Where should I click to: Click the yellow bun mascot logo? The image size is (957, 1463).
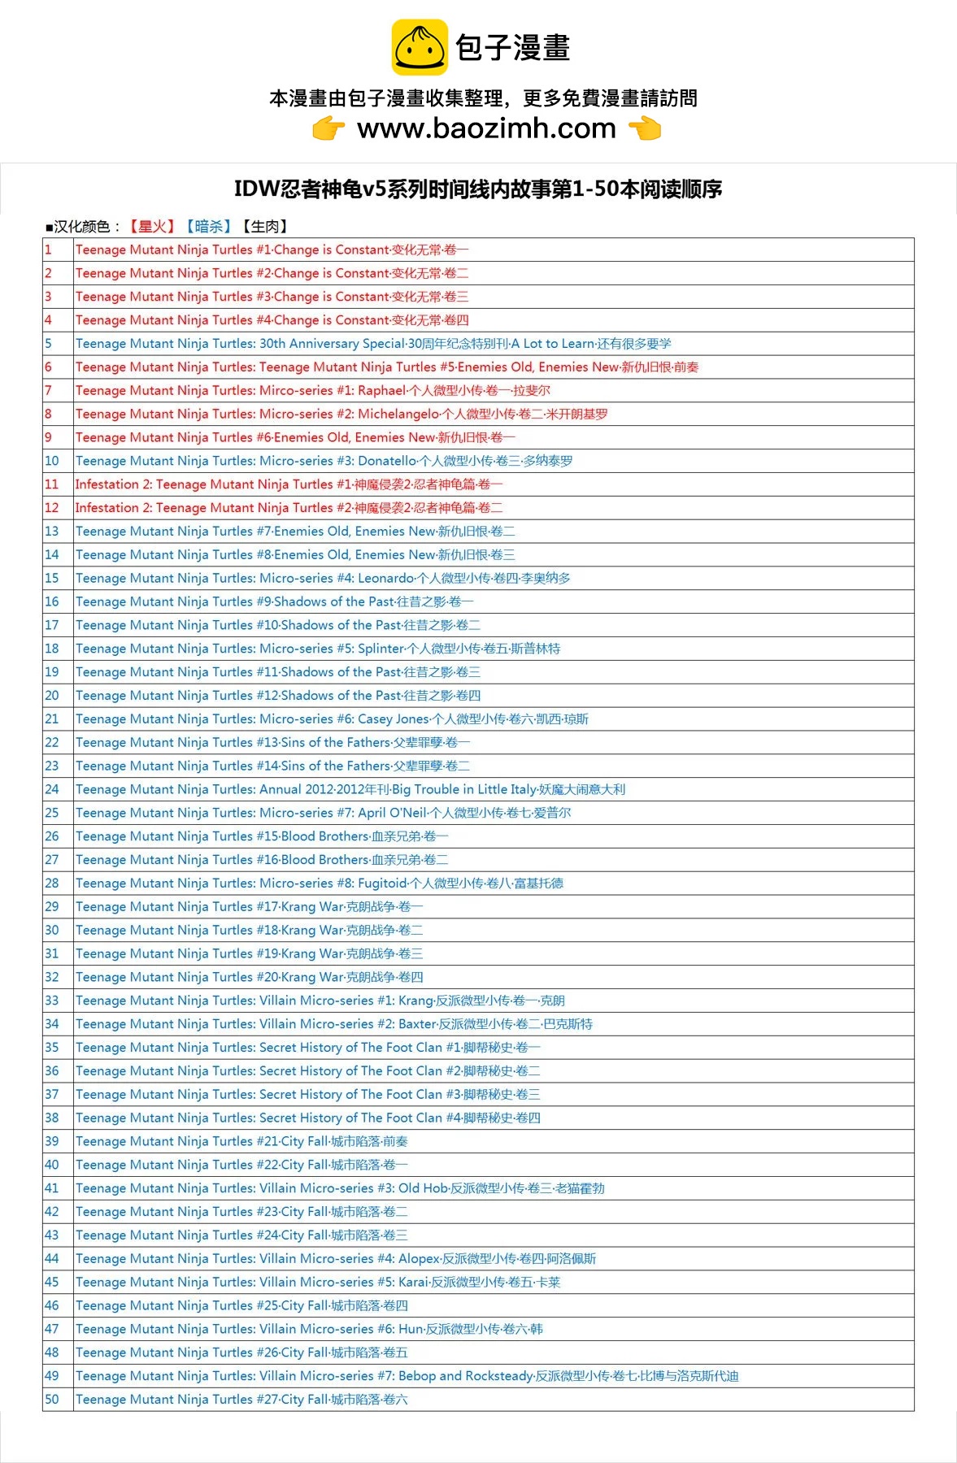tap(420, 47)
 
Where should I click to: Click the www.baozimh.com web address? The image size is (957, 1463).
tap(486, 128)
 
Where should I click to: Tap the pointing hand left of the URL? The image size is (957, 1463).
tap(328, 128)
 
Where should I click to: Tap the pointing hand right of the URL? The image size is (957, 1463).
tap(645, 128)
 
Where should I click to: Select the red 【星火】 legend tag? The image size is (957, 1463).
tap(152, 227)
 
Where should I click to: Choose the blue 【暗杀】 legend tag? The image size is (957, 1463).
tap(209, 227)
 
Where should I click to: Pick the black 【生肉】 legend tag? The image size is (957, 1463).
tap(265, 227)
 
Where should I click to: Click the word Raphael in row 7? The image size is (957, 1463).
tap(382, 391)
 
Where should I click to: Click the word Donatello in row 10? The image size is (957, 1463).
tap(387, 461)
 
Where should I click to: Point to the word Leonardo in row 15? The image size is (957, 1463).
tap(386, 579)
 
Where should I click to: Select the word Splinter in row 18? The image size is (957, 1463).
tap(381, 649)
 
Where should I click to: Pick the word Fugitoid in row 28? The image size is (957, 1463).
tap(382, 883)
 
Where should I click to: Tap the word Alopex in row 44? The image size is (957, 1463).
tap(419, 1259)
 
